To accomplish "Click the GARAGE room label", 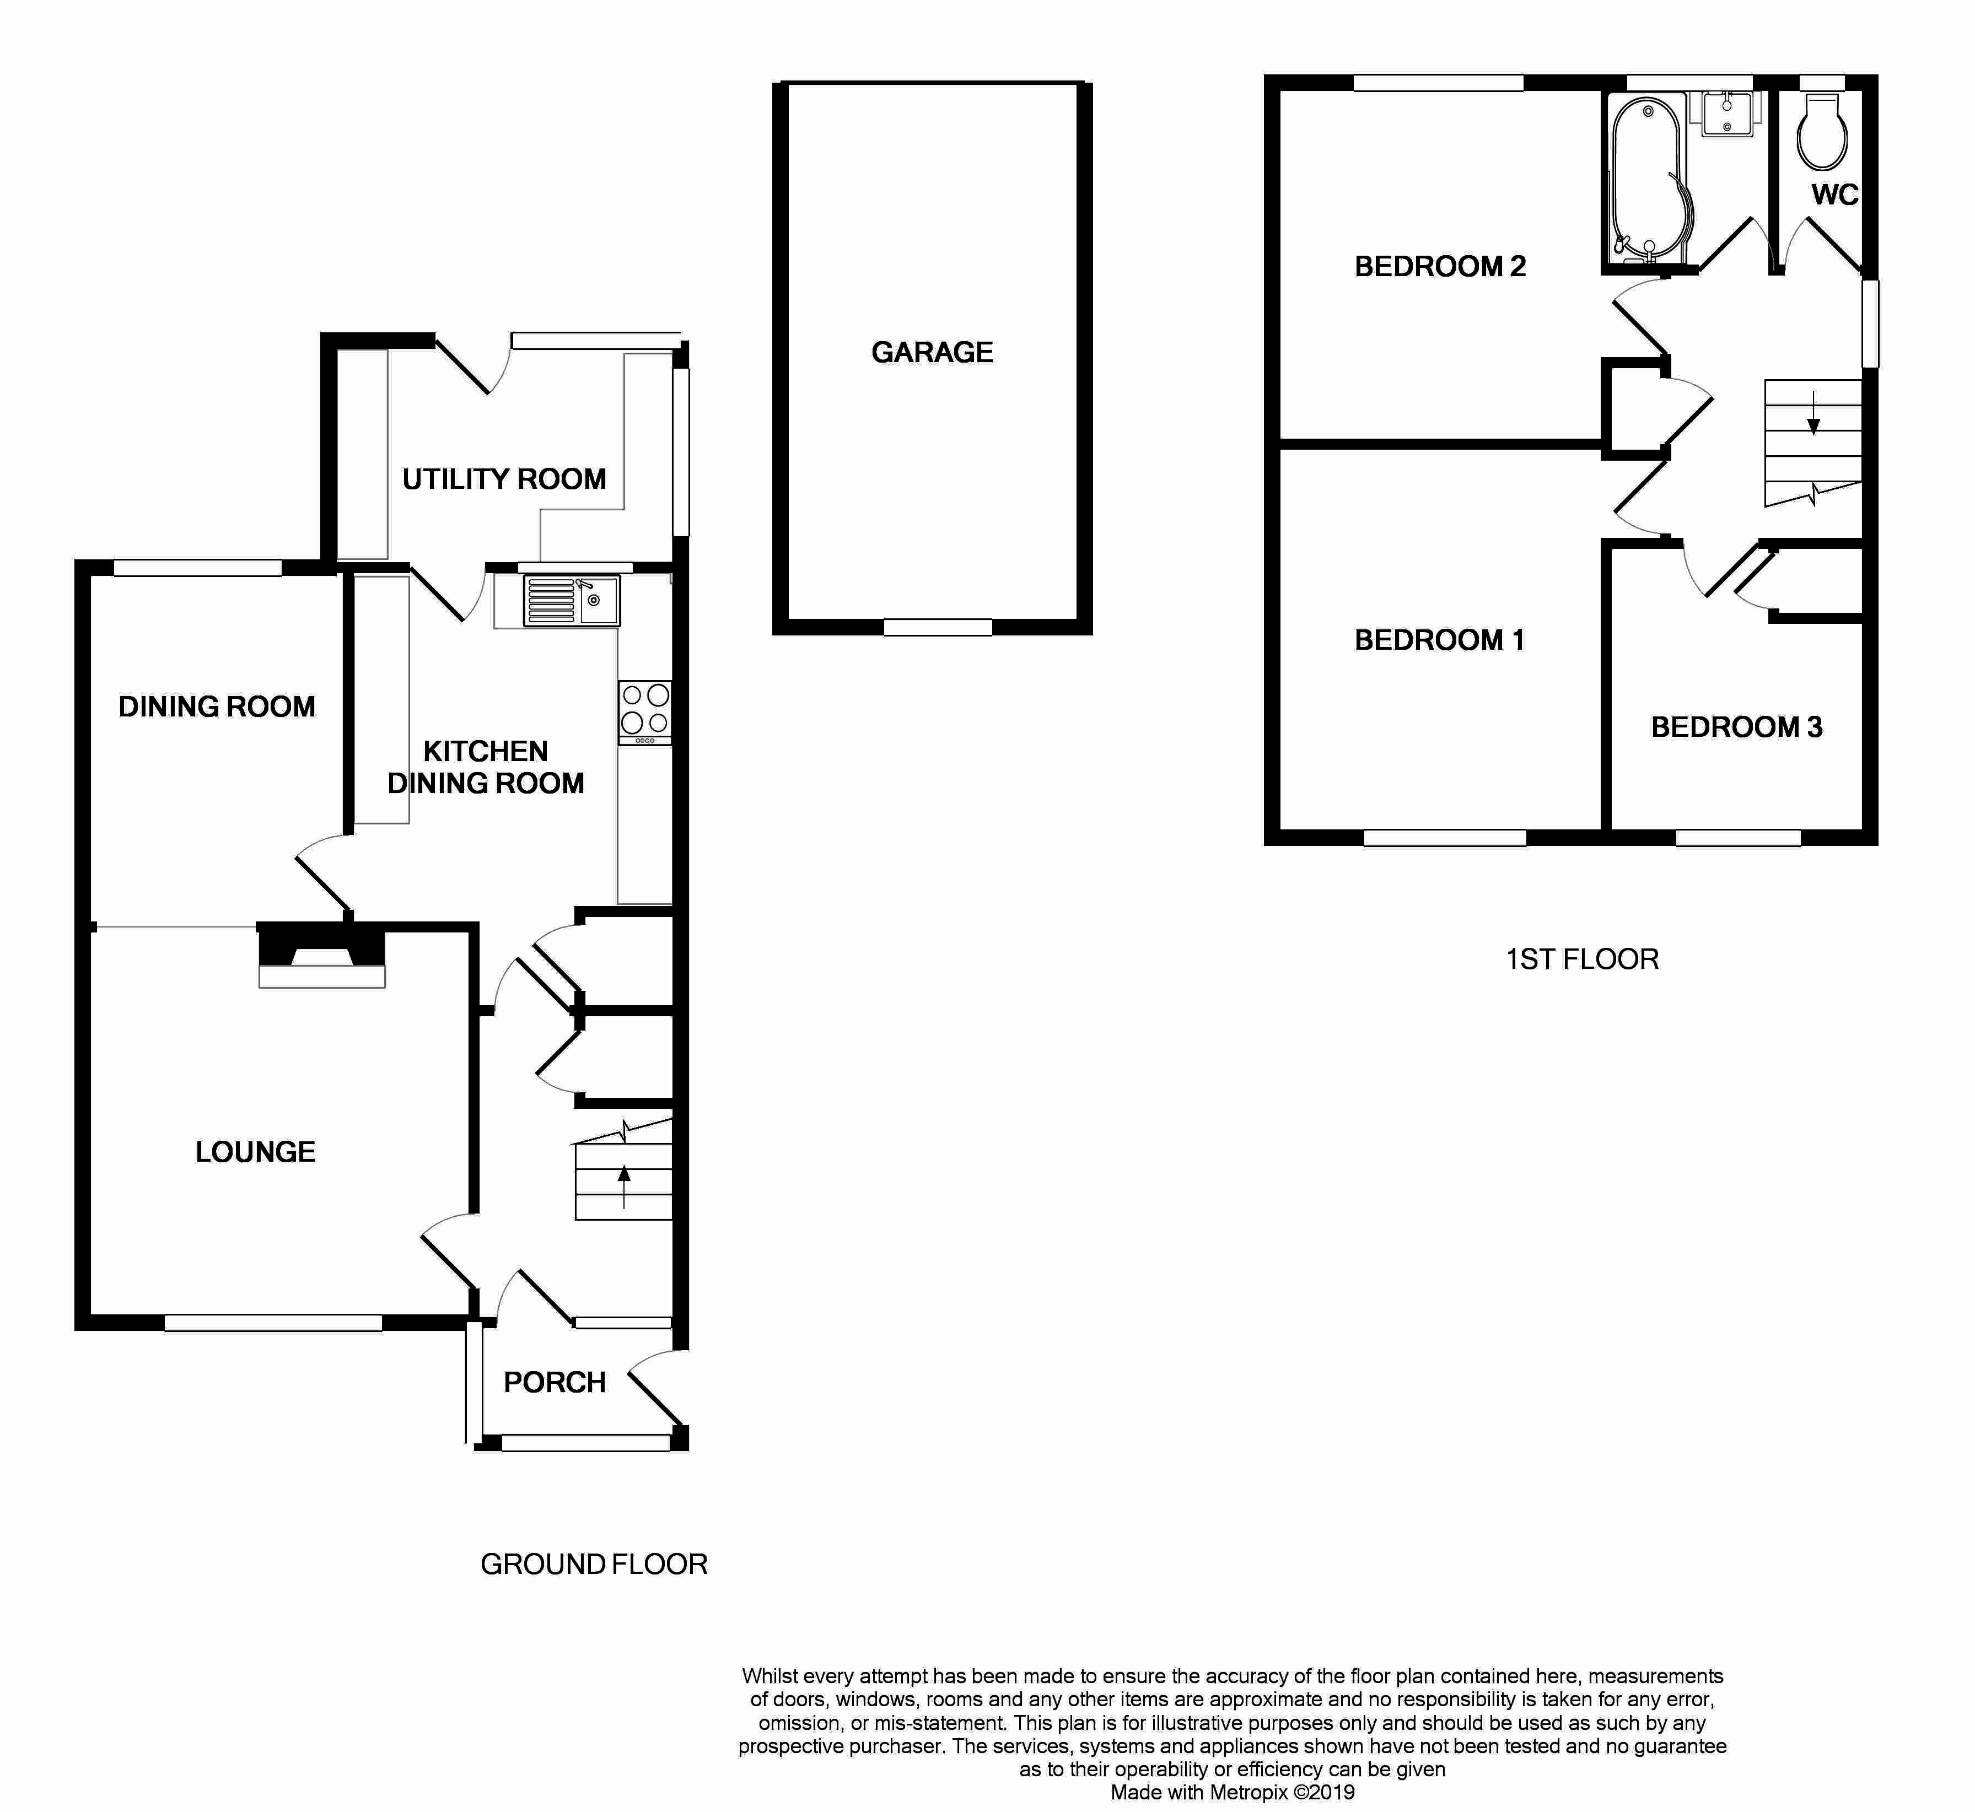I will pos(932,352).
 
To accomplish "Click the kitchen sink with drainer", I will pos(571,601).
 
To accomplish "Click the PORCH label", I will pos(554,1383).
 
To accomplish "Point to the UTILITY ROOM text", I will pos(504,479).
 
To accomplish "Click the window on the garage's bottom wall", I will pos(938,628).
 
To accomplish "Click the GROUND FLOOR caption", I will pos(593,1564).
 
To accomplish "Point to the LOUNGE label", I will pos(255,1152).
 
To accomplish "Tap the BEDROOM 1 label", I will pos(1439,640).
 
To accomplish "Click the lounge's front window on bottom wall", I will pos(273,1323).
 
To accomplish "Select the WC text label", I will pos(1834,195).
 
